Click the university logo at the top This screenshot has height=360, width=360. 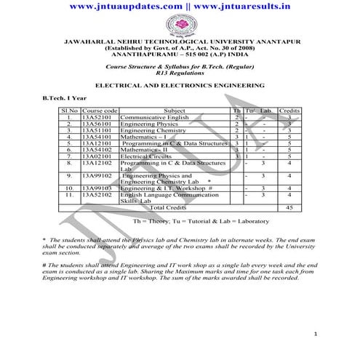(180, 26)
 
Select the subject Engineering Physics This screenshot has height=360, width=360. (145, 124)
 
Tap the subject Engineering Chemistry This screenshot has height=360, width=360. (148, 130)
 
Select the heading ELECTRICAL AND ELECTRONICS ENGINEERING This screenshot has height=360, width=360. (180, 85)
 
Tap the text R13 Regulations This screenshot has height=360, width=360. (180, 73)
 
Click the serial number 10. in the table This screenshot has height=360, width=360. (69, 188)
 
